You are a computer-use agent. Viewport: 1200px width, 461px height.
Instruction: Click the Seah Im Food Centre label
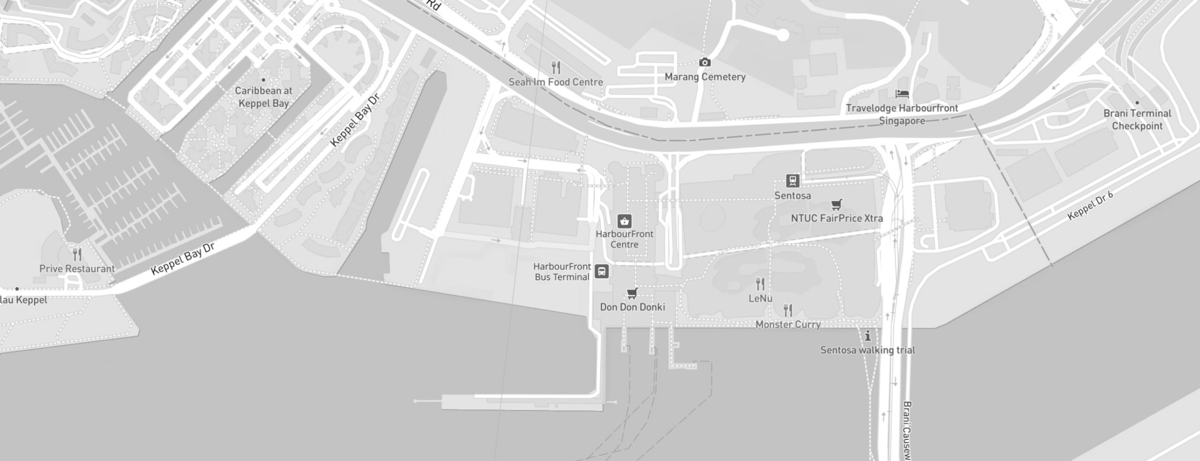tap(556, 82)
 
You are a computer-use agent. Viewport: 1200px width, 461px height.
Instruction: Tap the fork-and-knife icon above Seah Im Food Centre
tap(556, 67)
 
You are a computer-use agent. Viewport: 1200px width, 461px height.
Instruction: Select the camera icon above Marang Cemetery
tap(705, 62)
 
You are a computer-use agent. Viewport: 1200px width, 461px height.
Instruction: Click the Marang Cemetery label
tap(705, 77)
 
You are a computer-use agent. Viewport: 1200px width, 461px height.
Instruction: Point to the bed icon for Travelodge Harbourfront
tap(902, 94)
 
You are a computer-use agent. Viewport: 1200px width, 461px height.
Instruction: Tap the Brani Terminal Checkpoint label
tap(1137, 119)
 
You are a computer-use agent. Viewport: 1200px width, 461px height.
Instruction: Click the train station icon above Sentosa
tap(793, 180)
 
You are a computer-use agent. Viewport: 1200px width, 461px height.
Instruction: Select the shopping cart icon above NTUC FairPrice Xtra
tap(837, 204)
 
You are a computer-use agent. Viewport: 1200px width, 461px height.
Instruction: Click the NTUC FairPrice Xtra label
tap(837, 218)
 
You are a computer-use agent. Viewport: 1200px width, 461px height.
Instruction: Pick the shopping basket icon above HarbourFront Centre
tap(624, 221)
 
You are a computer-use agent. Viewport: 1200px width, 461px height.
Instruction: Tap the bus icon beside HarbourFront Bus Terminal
tap(602, 271)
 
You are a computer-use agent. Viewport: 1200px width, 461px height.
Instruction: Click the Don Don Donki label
tap(632, 307)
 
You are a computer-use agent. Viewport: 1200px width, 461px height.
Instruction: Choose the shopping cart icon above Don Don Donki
tap(632, 293)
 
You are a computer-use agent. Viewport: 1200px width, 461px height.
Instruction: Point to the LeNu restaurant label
tap(760, 298)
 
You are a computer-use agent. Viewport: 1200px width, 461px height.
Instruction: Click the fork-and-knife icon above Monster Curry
tap(788, 310)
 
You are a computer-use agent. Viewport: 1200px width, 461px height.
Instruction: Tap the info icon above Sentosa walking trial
tap(868, 335)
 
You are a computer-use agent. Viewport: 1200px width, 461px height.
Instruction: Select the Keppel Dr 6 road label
tap(1089, 207)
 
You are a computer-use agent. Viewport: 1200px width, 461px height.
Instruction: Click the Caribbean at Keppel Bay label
tap(263, 97)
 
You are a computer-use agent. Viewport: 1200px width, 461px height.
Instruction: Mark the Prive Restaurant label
tap(77, 269)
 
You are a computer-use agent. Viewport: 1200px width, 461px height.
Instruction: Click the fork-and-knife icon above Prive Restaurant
tap(77, 255)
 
